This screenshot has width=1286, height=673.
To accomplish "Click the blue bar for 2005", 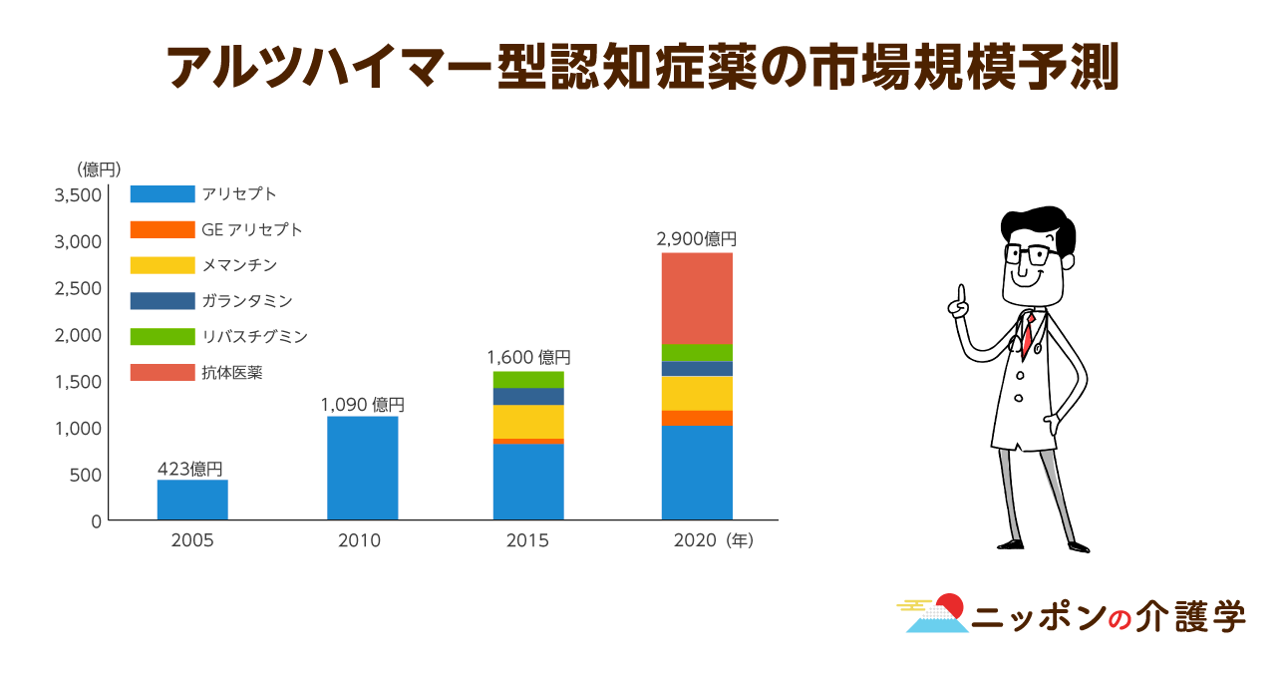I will pyautogui.click(x=192, y=500).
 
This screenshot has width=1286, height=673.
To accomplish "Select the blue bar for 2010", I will pyautogui.click(x=362, y=468).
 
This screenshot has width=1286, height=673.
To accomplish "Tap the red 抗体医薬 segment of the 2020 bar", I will pyautogui.click(x=697, y=298).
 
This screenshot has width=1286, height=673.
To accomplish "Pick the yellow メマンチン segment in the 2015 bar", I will pyautogui.click(x=528, y=421).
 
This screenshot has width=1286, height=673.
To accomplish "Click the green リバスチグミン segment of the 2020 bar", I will pyautogui.click(x=697, y=352).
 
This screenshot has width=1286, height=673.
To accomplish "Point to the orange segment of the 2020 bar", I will pyautogui.click(x=697, y=418).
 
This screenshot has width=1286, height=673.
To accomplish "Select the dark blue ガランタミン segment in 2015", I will pyautogui.click(x=528, y=396).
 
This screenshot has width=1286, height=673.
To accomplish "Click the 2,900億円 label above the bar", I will pyautogui.click(x=696, y=239).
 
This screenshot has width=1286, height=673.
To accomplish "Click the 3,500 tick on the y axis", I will pyautogui.click(x=78, y=194).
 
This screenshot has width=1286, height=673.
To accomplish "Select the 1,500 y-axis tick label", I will pyautogui.click(x=78, y=382).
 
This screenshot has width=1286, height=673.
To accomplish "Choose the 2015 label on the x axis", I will pyautogui.click(x=527, y=541).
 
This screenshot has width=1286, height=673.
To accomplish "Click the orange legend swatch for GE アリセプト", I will pyautogui.click(x=162, y=229).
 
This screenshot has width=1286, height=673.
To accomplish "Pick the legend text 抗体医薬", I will pyautogui.click(x=232, y=373).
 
